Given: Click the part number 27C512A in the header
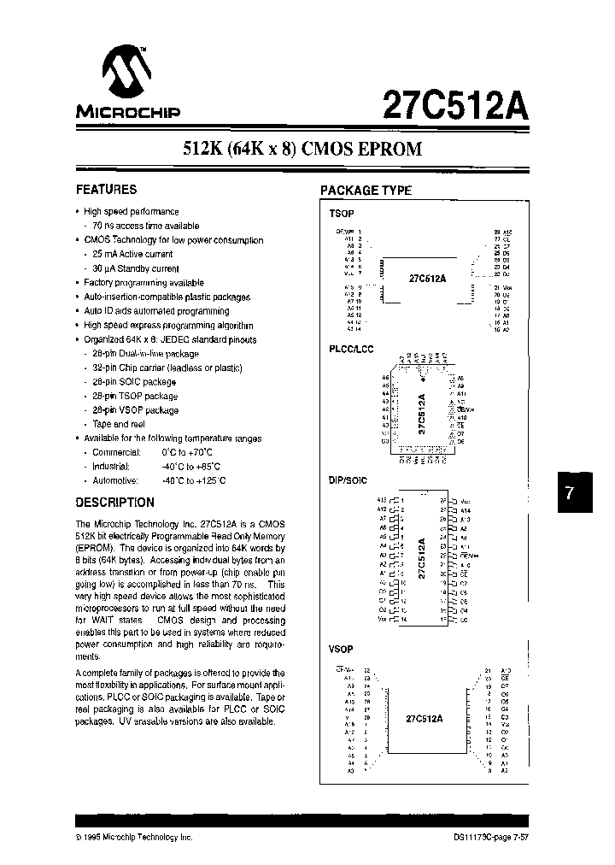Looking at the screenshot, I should pyautogui.click(x=457, y=106).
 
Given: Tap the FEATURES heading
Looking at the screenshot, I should pyautogui.click(x=106, y=190).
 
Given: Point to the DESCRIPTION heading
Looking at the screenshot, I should pyautogui.click(x=115, y=503).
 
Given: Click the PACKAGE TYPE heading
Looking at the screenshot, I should pyautogui.click(x=366, y=191).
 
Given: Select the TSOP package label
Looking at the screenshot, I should pyautogui.click(x=341, y=213).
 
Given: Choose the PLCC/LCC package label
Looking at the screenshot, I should pyautogui.click(x=351, y=349).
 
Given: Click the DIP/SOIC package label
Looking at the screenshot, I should pyautogui.click(x=348, y=480).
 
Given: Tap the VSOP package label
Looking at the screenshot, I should pyautogui.click(x=341, y=650).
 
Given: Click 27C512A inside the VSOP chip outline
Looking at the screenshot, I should pyautogui.click(x=425, y=719).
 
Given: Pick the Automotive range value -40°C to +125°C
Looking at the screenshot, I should pyautogui.click(x=193, y=480).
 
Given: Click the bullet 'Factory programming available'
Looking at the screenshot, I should pyautogui.click(x=143, y=283).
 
